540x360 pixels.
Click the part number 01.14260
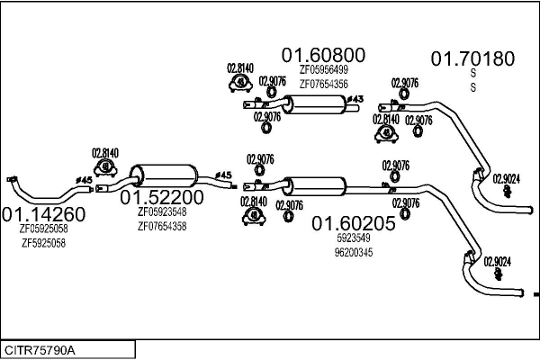tap(44, 214)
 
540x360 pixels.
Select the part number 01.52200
tap(162, 197)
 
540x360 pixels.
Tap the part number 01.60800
tap(323, 55)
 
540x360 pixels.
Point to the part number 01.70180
tap(472, 58)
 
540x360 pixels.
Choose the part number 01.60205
tap(354, 223)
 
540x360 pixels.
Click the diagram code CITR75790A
tap(40, 350)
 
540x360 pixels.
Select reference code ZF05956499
tap(324, 70)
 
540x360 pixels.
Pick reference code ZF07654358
tap(162, 226)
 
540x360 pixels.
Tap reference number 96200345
tap(354, 253)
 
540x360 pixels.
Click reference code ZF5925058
tap(43, 243)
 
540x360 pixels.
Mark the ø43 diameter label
tap(355, 99)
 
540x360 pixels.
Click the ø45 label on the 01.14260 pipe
tap(84, 180)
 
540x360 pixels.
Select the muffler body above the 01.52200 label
tap(165, 176)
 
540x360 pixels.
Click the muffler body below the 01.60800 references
tap(316, 104)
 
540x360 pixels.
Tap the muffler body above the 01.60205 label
tap(316, 186)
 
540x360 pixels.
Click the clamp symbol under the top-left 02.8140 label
tap(240, 83)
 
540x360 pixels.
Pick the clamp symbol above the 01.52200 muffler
tap(105, 167)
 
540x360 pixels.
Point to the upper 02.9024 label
tap(506, 179)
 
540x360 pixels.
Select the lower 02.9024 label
tap(498, 262)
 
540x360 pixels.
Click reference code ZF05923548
tap(162, 211)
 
